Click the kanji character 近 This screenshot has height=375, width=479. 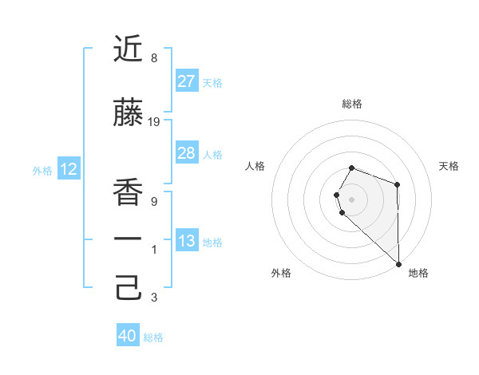coord(129,49)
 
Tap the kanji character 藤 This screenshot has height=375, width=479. coord(129,113)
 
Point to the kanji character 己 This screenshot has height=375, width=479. coord(129,288)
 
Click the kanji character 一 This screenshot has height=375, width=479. coord(129,240)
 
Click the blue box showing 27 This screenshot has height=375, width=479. coord(186,81)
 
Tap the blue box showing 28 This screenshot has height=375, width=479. coord(186,153)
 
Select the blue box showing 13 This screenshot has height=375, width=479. coord(186,241)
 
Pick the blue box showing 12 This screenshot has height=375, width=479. coord(68,169)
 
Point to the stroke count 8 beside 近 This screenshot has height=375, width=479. coord(153,58)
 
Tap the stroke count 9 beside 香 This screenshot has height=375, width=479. coord(153,202)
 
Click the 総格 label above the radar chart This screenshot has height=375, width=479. coord(351,104)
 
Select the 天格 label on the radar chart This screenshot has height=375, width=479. coord(449,166)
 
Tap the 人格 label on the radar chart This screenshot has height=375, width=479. coord(255,166)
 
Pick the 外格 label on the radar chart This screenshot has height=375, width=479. coord(281,273)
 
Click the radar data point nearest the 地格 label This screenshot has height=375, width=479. coord(398,262)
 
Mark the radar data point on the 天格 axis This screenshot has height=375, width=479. coord(397,184)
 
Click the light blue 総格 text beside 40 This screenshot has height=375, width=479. coord(153,337)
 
